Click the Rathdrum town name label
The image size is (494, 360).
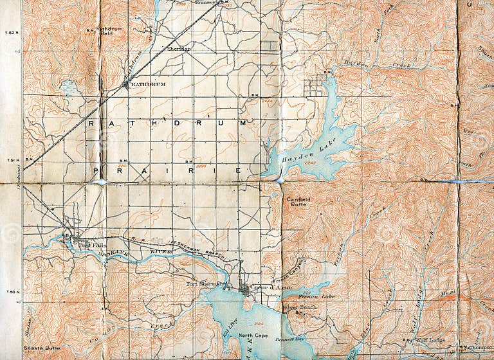[140, 84]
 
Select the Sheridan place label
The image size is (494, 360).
[178, 48]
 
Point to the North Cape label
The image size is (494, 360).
[252, 336]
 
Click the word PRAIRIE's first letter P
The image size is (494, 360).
[96, 170]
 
